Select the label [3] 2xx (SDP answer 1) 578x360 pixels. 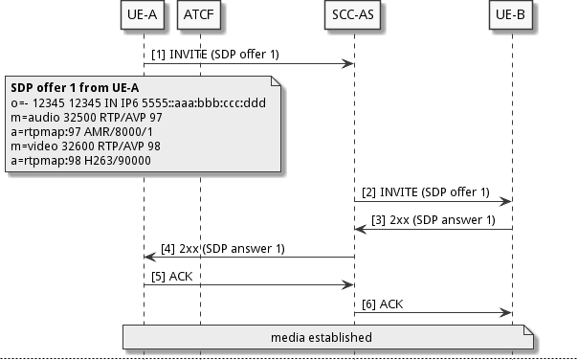pos(433,220)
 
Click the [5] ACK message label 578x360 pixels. pos(172,276)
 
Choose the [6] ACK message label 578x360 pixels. pos(383,304)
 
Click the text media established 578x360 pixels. pos(321,337)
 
